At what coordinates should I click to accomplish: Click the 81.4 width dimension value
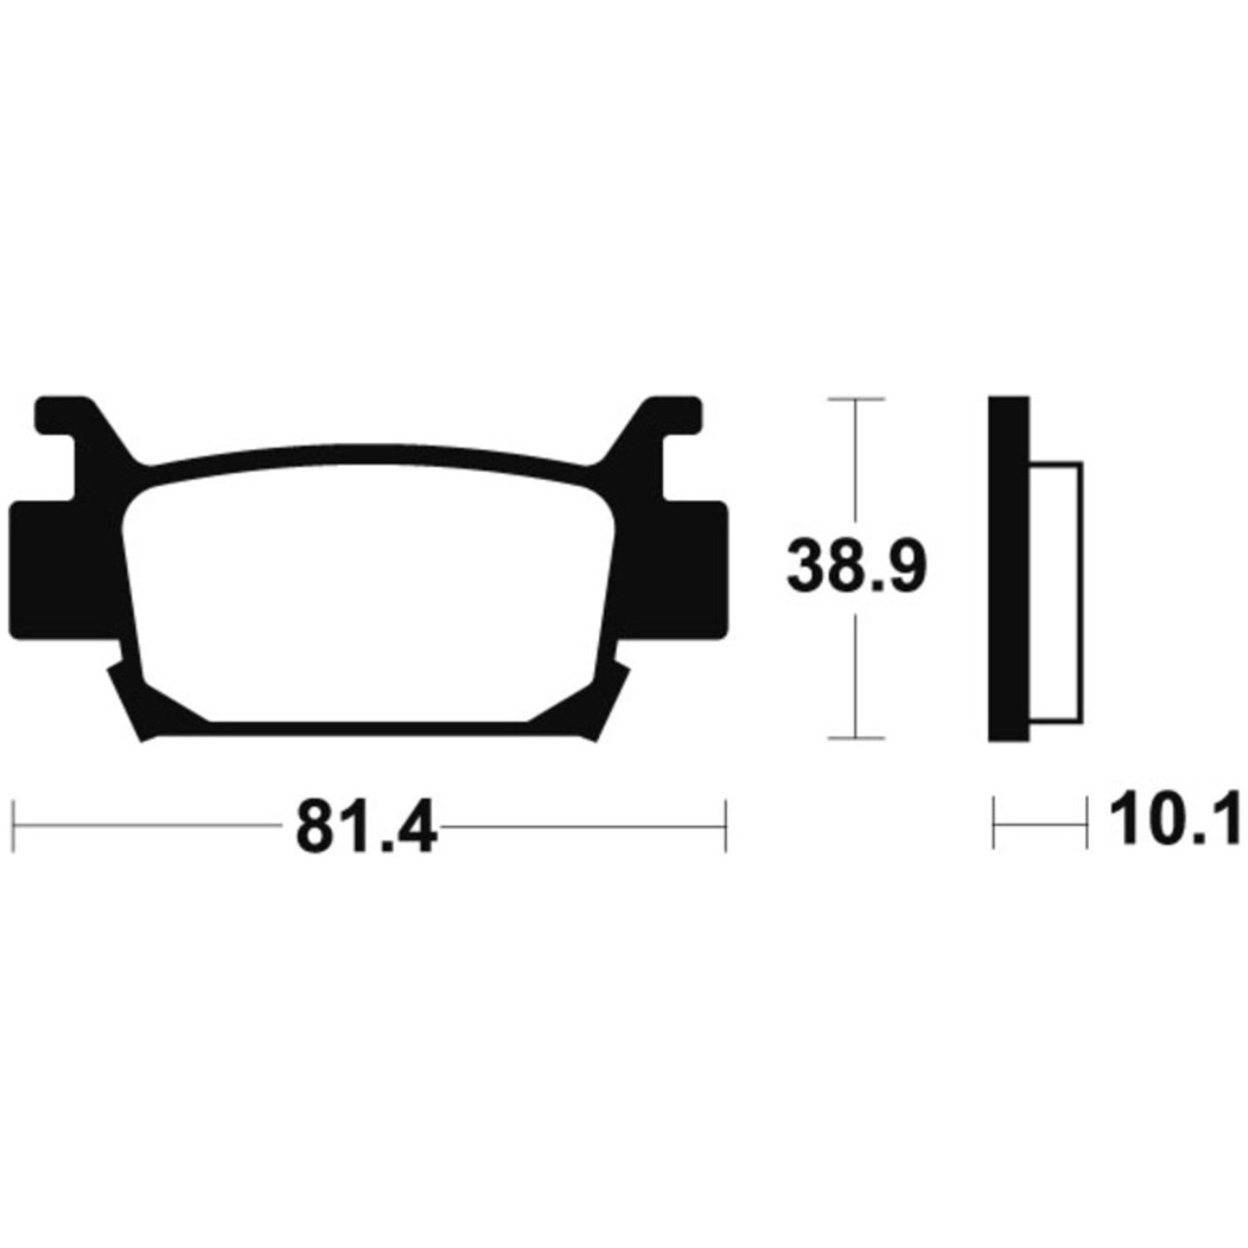(x=367, y=826)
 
